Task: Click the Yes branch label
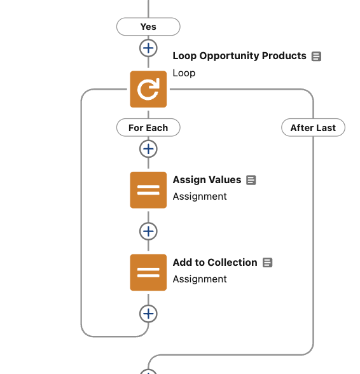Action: [148, 27]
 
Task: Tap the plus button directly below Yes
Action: [148, 48]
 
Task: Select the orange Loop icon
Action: [148, 89]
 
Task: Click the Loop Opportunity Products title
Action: [239, 56]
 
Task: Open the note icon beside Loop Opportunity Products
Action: [316, 57]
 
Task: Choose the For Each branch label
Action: [148, 128]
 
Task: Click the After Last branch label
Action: [313, 128]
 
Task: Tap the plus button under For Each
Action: [148, 149]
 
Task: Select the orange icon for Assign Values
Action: [148, 190]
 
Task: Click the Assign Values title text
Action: [207, 180]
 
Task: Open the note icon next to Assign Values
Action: [251, 180]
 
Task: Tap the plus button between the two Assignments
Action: [148, 232]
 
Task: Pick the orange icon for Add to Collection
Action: [148, 272]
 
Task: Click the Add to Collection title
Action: [215, 262]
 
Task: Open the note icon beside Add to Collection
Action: [267, 263]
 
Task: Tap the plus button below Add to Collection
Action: [148, 314]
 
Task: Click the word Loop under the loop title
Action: [184, 73]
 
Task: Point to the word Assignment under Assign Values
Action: [200, 197]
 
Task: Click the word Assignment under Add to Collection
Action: [200, 279]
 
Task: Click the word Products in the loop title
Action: [284, 55]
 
